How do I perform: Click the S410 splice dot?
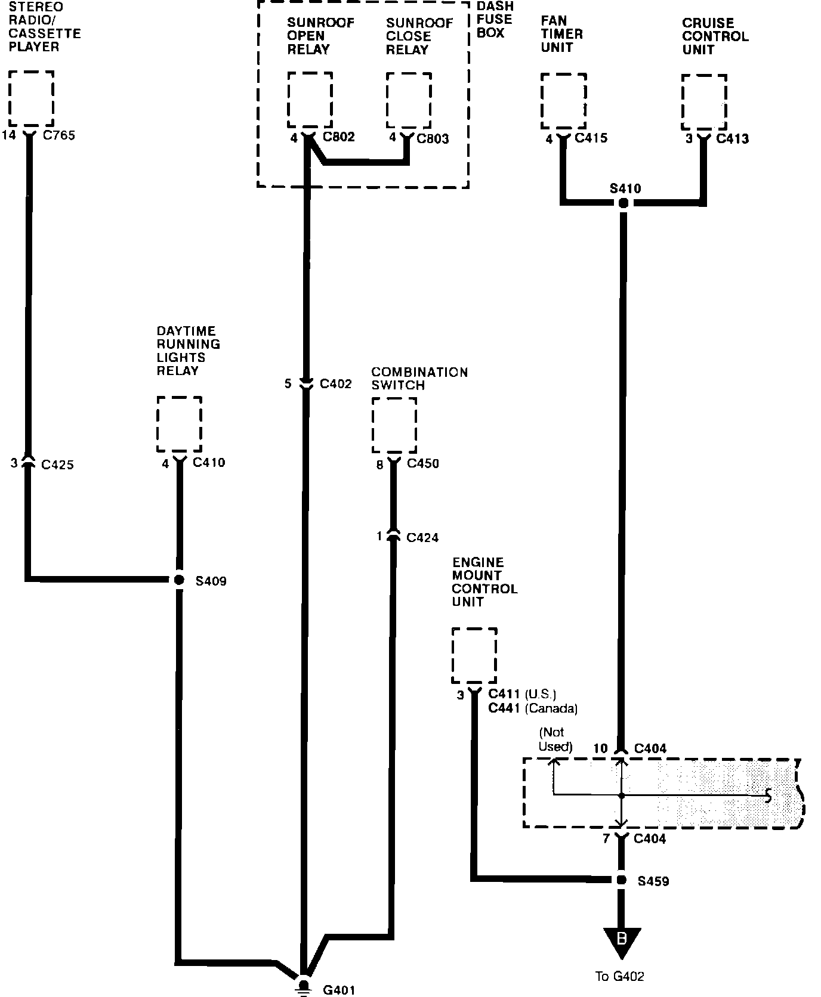(x=623, y=203)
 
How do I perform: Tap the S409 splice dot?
(x=178, y=580)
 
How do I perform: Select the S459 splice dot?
(x=621, y=880)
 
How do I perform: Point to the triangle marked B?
(x=621, y=941)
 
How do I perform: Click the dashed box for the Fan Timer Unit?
(x=563, y=101)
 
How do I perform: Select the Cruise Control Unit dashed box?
(x=704, y=102)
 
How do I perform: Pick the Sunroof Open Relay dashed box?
(x=310, y=100)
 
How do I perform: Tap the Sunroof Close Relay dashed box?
(x=409, y=100)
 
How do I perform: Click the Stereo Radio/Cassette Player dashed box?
(x=32, y=98)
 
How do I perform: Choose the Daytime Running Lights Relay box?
(x=179, y=424)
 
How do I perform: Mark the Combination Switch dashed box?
(x=394, y=425)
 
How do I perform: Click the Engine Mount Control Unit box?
(x=474, y=655)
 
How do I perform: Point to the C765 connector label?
(x=59, y=135)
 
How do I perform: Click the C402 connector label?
(x=336, y=384)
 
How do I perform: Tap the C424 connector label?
(x=422, y=538)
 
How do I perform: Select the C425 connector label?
(x=58, y=465)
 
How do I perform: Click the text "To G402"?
(x=620, y=976)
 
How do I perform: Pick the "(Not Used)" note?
(x=555, y=739)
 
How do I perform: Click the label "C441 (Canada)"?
(x=533, y=708)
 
